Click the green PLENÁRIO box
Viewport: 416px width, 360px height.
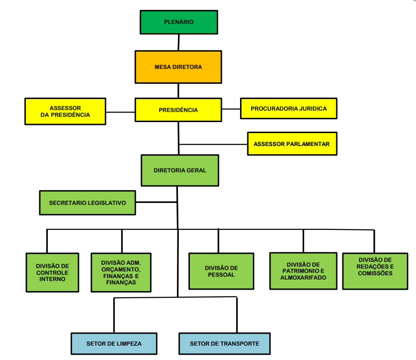(x=179, y=22)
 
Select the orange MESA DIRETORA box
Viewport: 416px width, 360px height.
(x=178, y=67)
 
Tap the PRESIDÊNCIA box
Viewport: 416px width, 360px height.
(x=178, y=110)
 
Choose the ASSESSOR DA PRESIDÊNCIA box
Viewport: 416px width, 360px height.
(x=65, y=112)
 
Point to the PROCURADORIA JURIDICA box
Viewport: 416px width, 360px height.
(x=289, y=109)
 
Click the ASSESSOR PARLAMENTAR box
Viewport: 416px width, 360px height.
(x=292, y=144)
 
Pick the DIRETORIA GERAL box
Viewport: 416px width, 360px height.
(x=180, y=170)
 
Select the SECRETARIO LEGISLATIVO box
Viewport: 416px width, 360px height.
(x=88, y=203)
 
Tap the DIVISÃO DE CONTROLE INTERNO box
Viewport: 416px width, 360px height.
(x=52, y=272)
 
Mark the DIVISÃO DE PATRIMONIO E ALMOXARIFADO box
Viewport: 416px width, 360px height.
(x=303, y=271)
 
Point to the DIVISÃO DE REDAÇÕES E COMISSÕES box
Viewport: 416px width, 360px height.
(x=375, y=270)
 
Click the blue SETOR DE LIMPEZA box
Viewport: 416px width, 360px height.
(x=114, y=344)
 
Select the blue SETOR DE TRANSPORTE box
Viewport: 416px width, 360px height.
(x=224, y=344)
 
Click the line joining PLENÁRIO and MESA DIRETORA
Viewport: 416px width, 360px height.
(x=178, y=43)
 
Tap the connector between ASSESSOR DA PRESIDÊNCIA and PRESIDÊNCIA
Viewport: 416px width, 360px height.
(x=120, y=112)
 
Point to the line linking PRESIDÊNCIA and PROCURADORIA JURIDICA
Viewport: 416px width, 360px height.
(x=231, y=109)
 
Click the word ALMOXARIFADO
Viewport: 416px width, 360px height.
(x=303, y=278)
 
